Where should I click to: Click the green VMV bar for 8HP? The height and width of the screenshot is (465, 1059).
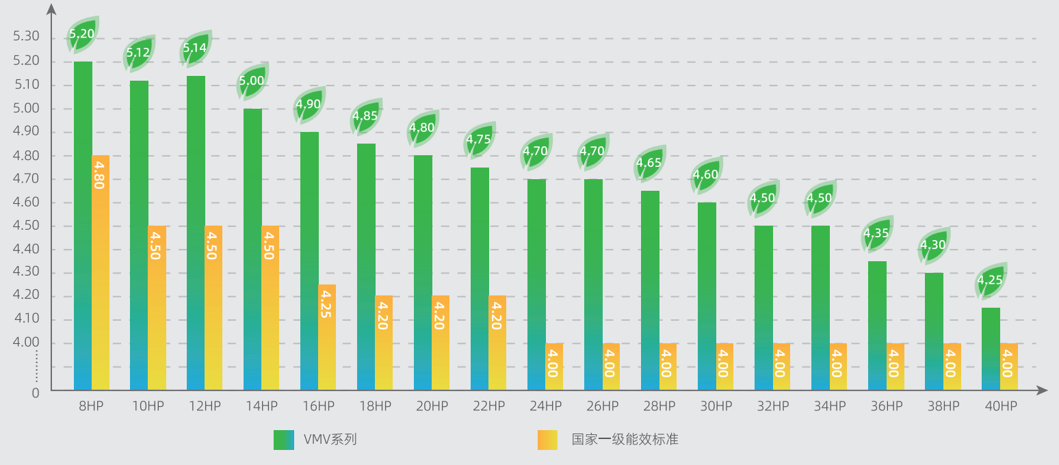point(83,226)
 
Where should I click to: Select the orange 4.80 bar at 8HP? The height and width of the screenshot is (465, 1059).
point(101,274)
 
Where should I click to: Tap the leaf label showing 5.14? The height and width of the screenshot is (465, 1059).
point(195,48)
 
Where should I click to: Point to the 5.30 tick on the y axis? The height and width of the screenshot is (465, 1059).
point(27,36)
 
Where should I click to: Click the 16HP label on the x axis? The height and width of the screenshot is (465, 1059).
point(318,406)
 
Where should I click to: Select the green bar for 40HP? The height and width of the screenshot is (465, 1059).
point(991,349)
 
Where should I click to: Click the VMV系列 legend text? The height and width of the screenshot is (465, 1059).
point(330,440)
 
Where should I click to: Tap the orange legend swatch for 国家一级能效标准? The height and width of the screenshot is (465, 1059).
point(547,440)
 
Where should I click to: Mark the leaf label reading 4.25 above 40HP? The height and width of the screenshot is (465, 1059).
point(990,280)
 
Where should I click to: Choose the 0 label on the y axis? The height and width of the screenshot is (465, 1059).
point(36,393)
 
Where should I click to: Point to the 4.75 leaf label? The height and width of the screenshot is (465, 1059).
point(479,139)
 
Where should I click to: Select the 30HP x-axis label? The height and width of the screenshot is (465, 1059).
point(716,406)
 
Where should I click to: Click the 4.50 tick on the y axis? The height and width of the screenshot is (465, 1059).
point(27,226)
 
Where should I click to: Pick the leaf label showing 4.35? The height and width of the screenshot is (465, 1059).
point(876,233)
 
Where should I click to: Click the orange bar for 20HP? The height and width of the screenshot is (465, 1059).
point(441,342)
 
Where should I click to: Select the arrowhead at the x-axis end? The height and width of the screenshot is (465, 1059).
point(1042,390)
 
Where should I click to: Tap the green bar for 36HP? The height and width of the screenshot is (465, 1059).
point(878,325)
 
